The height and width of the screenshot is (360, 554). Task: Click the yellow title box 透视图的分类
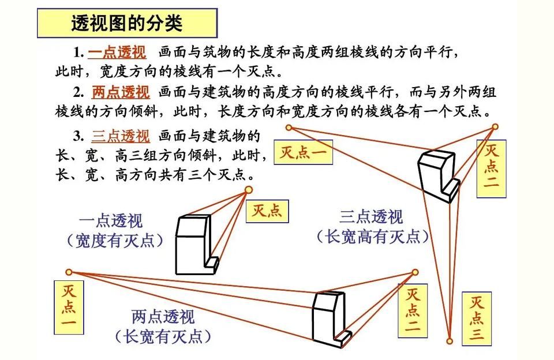pos(127,23)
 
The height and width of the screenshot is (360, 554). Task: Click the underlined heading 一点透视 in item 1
pos(117,52)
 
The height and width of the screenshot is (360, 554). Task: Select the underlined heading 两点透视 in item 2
pos(121,92)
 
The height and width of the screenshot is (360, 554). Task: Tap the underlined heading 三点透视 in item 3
pos(121,136)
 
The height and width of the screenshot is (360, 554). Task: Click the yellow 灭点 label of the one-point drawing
pos(267,211)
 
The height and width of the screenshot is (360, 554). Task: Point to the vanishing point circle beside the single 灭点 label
pos(249,190)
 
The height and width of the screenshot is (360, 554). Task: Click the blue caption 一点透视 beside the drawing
pos(111,222)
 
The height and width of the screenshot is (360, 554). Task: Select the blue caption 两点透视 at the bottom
pos(163,317)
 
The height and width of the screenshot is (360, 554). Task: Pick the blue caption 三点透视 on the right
pos(371,216)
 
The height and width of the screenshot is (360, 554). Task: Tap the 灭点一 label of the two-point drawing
pos(69,307)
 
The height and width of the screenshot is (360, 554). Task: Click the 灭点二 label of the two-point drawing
pos(413,310)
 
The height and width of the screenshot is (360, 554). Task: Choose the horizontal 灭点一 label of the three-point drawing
pos(304,152)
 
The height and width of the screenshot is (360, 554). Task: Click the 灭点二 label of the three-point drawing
pos(492,169)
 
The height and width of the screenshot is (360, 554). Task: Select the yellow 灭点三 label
pos(477,318)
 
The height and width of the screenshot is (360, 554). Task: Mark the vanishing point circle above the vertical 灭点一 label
pos(69,272)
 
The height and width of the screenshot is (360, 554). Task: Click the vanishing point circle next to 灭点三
pos(450,342)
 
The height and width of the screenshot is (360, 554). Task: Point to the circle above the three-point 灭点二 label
pos(495,126)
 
